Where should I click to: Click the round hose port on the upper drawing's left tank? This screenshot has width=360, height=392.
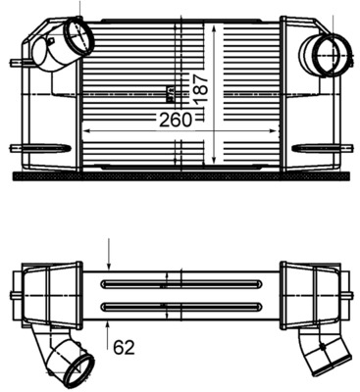click(x=76, y=40)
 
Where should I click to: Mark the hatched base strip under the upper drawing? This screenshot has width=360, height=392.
click(x=180, y=178)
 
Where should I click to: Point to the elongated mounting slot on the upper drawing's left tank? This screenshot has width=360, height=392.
click(x=46, y=149)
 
